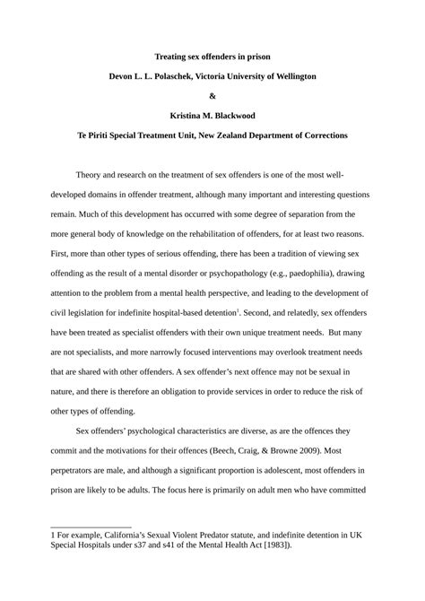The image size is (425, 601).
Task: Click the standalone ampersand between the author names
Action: click(212, 96)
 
